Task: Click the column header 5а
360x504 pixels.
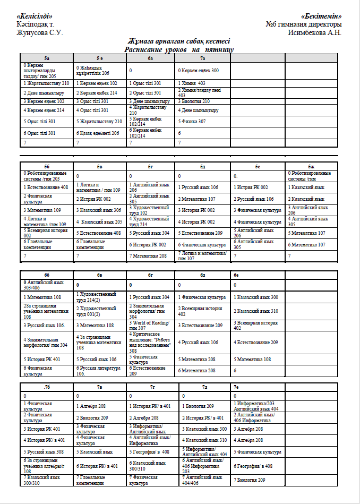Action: pos(47,58)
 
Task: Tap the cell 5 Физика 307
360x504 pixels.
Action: pos(192,122)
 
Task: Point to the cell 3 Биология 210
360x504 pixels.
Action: pos(194,101)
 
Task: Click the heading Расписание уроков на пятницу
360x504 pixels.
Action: pos(179,49)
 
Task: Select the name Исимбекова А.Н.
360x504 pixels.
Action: pos(314,32)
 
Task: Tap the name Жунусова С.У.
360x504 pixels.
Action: pos(40,32)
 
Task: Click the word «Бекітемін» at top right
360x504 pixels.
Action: pos(321,16)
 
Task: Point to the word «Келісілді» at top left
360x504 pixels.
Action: pos(35,16)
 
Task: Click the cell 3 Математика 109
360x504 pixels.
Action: pos(42,210)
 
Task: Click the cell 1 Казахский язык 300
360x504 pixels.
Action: pos(256,297)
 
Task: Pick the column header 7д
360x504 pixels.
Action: pos(204,387)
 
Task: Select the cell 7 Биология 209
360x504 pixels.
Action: pos(250,480)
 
